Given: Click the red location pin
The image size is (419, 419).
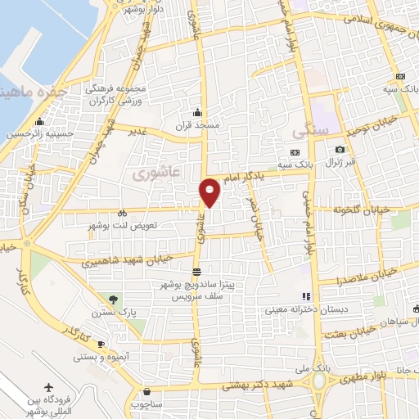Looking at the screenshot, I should pyautogui.click(x=210, y=191).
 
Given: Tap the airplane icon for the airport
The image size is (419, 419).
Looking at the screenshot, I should pyautogui.click(x=48, y=385).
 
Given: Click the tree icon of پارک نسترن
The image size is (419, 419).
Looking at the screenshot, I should pyautogui.click(x=114, y=300).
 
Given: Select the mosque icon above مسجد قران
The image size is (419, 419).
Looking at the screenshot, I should pyautogui.click(x=196, y=112).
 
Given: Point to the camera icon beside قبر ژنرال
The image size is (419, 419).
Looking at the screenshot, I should pyautogui.click(x=340, y=149).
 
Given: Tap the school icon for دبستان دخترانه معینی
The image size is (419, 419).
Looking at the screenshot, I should pyautogui.click(x=306, y=296).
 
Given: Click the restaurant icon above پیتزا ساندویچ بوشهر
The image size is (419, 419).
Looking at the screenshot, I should pyautogui.click(x=196, y=272).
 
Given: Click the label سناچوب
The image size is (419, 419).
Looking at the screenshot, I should pyautogui.click(x=146, y=403).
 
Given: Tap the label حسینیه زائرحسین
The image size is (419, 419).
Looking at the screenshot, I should pyautogui.click(x=41, y=133).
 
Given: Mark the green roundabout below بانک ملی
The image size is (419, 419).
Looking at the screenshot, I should pyautogui.click(x=318, y=381).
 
